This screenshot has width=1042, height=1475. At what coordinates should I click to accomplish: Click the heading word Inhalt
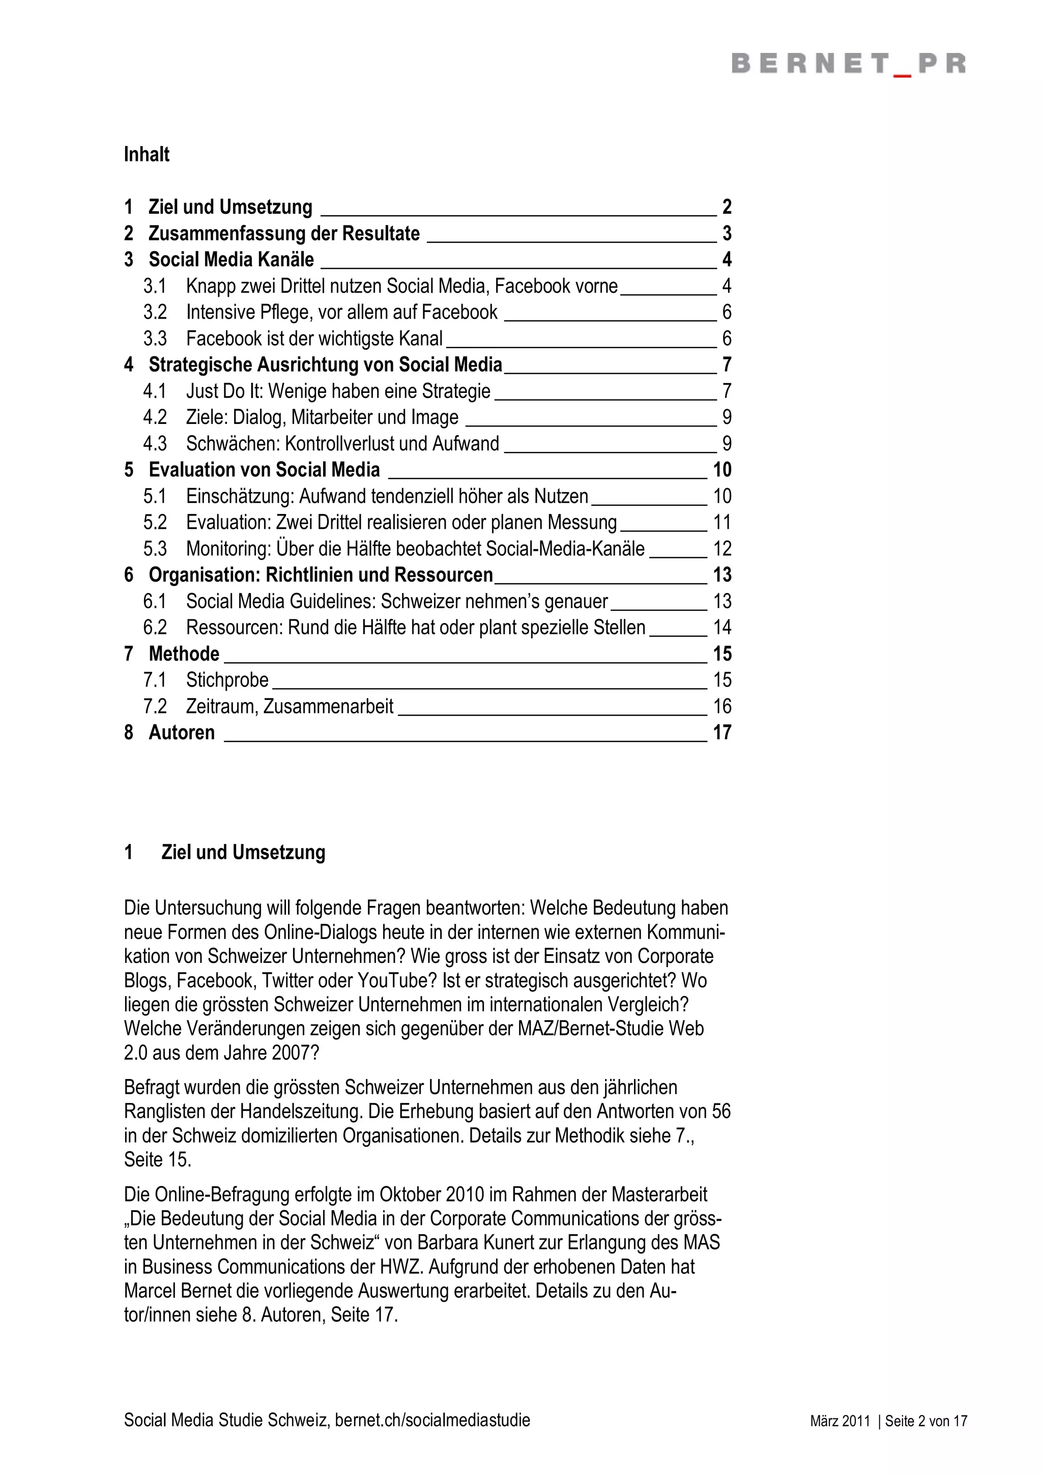point(147,155)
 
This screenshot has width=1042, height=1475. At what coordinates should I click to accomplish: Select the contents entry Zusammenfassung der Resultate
point(284,233)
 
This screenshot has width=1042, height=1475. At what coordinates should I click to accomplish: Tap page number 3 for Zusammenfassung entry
point(727,233)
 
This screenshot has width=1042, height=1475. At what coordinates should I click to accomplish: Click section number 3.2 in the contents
point(155,312)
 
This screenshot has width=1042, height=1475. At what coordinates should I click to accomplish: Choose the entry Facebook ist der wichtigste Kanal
point(314,338)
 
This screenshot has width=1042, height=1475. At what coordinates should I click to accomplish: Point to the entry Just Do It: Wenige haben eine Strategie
point(338,391)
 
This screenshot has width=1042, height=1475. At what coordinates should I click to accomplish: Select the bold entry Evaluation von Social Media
point(264,470)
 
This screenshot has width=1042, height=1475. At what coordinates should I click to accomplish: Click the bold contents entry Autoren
point(182,733)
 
